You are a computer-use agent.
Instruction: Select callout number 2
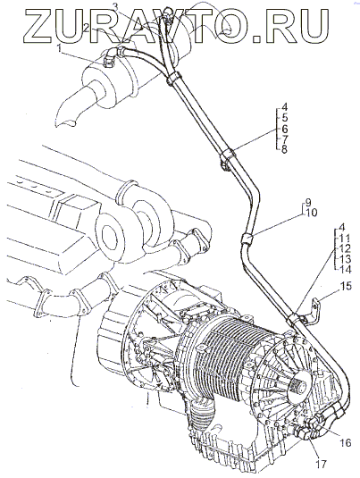pyautogui.click(x=87, y=29)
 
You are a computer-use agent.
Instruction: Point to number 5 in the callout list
pyautogui.click(x=284, y=118)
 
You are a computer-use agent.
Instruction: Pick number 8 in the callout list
pyautogui.click(x=284, y=150)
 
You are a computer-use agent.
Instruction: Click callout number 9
pyautogui.click(x=308, y=202)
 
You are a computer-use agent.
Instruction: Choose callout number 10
pyautogui.click(x=310, y=213)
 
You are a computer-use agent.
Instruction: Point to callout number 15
pyautogui.click(x=346, y=286)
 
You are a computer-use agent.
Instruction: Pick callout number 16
pyautogui.click(x=346, y=442)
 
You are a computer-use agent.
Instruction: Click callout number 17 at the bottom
pyautogui.click(x=320, y=465)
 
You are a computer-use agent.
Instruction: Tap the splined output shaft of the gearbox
pyautogui.click(x=298, y=388)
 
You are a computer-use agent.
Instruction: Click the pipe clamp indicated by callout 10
pyautogui.click(x=247, y=238)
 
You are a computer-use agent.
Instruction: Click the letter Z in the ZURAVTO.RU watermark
pyautogui.click(x=40, y=25)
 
